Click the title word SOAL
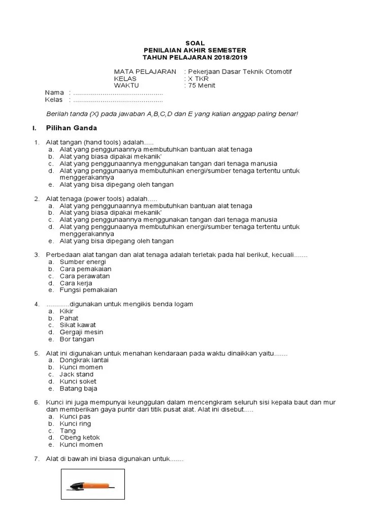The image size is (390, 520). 195,44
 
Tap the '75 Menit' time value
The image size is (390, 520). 202,85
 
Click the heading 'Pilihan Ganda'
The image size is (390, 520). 71,127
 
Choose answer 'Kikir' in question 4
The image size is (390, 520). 67,311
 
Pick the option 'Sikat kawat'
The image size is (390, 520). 77,325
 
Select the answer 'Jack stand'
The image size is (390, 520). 77,374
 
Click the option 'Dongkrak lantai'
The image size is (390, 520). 84,360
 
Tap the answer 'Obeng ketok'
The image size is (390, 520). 80,437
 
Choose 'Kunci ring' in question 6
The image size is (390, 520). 75,424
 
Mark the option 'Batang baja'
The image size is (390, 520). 78,388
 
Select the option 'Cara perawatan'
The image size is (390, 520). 85,276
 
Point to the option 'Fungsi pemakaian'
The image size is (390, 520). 88,290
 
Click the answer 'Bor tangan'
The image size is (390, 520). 77,339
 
